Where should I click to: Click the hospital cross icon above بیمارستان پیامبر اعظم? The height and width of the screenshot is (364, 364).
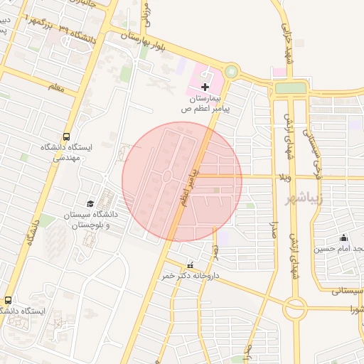(205, 86)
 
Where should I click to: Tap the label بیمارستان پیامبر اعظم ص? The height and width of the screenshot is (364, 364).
(205, 102)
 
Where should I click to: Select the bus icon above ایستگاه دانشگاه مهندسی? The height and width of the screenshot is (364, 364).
(66, 135)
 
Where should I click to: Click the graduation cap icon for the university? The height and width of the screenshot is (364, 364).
(90, 204)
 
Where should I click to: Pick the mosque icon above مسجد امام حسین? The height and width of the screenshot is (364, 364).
(345, 237)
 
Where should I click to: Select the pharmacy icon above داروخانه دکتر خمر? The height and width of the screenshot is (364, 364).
(188, 265)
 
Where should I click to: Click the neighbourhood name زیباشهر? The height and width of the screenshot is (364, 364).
(327, 196)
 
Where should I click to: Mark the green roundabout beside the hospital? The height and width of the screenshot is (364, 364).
(231, 72)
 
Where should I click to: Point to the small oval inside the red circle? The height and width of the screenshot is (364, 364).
(166, 176)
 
